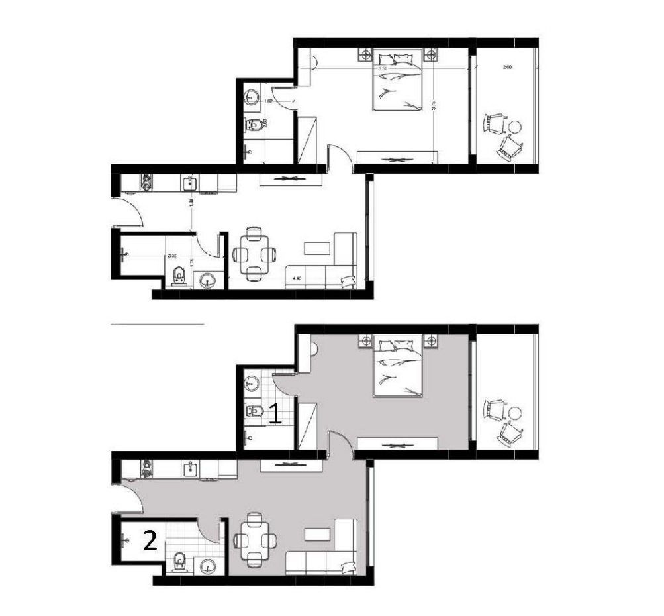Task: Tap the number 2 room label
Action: [x=150, y=542]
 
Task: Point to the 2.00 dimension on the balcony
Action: [x=507, y=68]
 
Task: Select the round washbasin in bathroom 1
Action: [x=252, y=383]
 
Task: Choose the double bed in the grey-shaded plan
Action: [x=398, y=368]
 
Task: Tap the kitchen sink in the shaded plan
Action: [x=190, y=470]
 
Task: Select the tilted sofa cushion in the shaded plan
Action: [x=346, y=568]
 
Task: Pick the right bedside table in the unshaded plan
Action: [x=432, y=53]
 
